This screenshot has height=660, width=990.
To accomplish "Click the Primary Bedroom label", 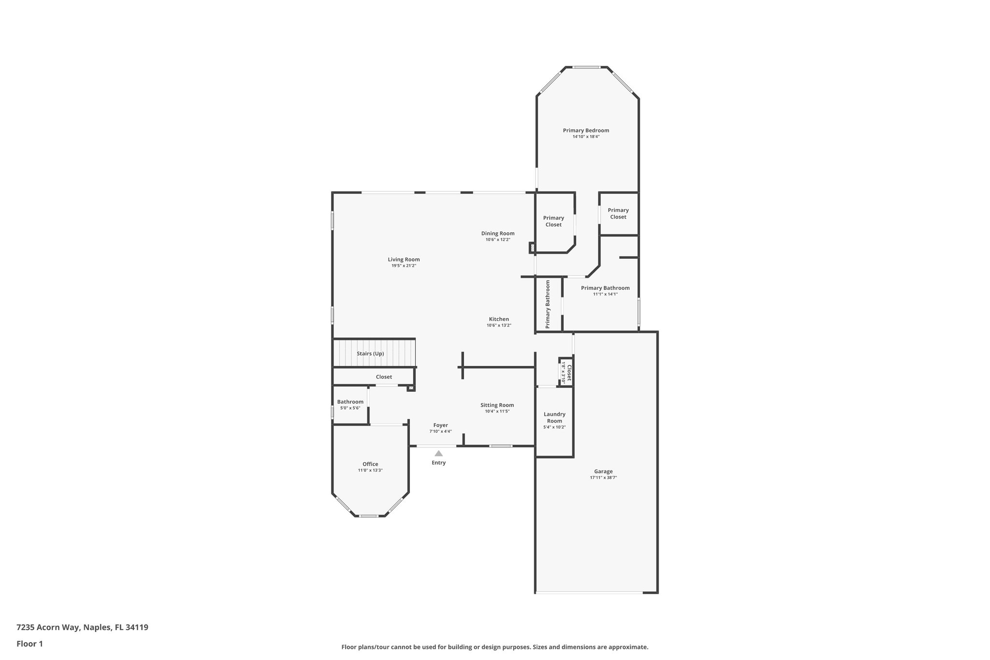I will point(586,131).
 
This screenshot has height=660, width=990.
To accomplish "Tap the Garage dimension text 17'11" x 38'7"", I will point(603,478).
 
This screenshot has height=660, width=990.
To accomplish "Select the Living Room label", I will point(404,260).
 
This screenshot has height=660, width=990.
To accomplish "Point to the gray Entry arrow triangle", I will point(438,454).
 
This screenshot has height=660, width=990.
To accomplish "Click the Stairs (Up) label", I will point(370,354).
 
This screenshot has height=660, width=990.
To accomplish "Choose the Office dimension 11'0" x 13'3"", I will point(370,470).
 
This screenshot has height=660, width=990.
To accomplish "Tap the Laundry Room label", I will point(554,417).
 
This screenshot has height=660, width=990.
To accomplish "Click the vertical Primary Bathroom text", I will point(548,304).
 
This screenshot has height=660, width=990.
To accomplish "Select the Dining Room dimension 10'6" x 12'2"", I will point(498,240).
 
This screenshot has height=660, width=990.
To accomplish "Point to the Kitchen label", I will point(499,319).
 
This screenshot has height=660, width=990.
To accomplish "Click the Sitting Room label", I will point(497,405).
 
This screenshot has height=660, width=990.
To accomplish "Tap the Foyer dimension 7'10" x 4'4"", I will point(440,432).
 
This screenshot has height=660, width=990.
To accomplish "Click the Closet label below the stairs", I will point(384,377).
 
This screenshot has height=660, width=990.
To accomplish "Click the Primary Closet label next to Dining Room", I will point(553,221).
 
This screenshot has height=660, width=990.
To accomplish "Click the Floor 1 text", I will point(29,644).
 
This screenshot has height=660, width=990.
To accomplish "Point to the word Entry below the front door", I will point(438,463).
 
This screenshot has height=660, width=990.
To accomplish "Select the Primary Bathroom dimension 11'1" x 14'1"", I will point(605,294).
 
